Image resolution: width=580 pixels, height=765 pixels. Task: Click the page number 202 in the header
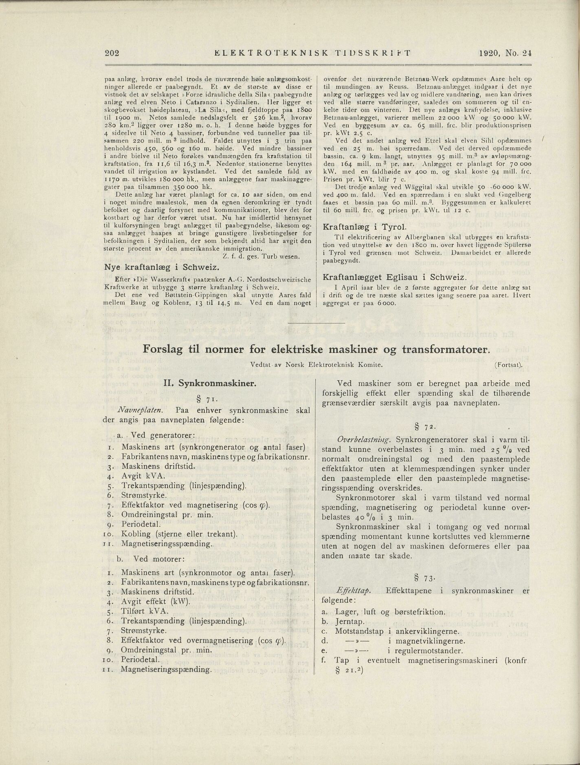pyautogui.click(x=111, y=52)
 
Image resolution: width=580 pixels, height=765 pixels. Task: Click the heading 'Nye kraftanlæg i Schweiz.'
pyautogui.click(x=162, y=267)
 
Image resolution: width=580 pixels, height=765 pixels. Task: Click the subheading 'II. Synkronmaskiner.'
pyautogui.click(x=209, y=383)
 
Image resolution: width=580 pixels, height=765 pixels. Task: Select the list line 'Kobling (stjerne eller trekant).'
pyautogui.click(x=179, y=534)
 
